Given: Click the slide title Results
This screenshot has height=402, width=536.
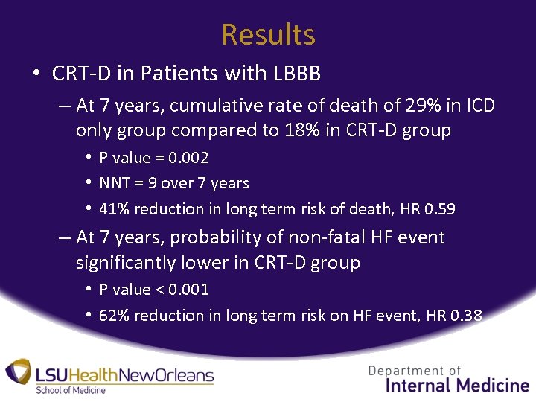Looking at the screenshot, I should click(x=268, y=35).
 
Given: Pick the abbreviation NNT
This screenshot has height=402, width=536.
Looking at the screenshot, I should click(x=115, y=183).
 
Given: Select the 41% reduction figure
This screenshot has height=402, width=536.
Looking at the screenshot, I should click(x=114, y=209).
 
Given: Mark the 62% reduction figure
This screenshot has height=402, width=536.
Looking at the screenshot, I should click(x=114, y=316).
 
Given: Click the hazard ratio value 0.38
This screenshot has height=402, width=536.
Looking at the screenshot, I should click(x=466, y=316).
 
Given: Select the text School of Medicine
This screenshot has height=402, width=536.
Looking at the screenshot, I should click(x=71, y=390).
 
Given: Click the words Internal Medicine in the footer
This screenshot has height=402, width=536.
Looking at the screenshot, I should click(x=457, y=385).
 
